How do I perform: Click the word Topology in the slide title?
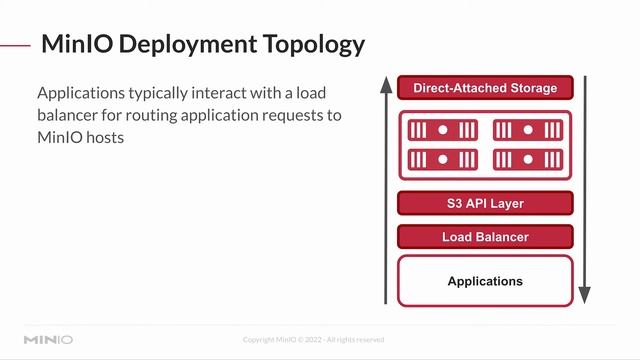click(x=310, y=44)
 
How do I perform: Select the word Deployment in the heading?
click(x=176, y=44)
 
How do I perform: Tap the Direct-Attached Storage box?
click(x=485, y=88)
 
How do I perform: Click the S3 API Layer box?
click(x=485, y=204)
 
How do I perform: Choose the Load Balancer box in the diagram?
click(x=485, y=237)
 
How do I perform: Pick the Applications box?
click(x=485, y=281)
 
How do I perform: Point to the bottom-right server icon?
click(x=527, y=159)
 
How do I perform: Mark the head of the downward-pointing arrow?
click(x=585, y=296)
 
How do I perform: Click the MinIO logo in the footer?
click(x=48, y=339)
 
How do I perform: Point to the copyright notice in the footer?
click(x=313, y=339)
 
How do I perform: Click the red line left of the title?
click(x=14, y=44)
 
